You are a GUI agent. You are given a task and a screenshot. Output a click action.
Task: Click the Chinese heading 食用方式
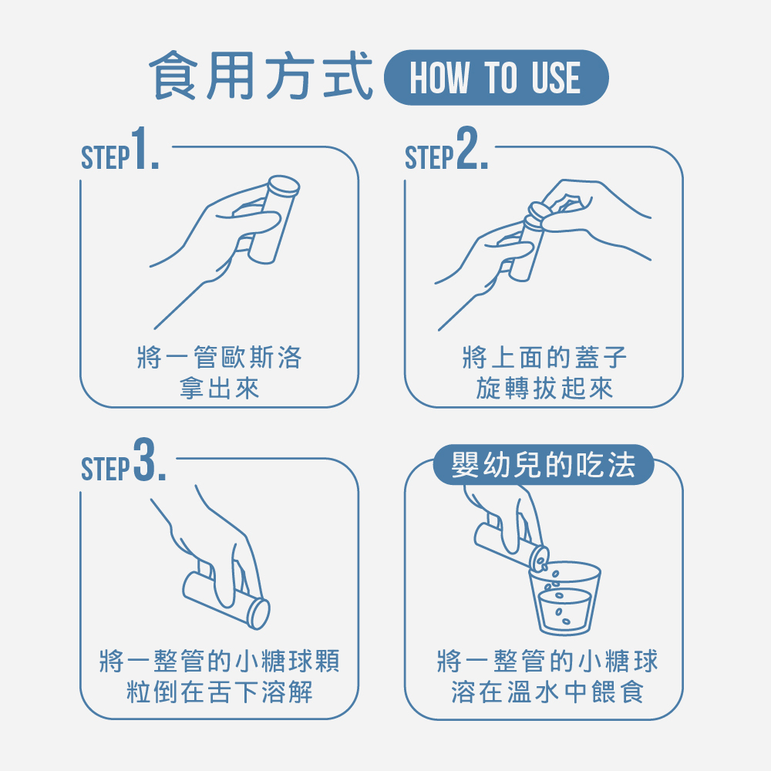coord(260,76)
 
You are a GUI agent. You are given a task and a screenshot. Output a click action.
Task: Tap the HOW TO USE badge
coord(496,77)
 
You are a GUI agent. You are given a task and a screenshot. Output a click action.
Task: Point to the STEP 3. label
coord(123,461)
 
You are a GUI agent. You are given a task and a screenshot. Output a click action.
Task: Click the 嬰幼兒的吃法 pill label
coord(544,465)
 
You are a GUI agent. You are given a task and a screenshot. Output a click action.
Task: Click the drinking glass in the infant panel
coord(564,598)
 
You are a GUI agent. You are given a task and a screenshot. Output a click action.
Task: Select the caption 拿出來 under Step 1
coord(219,388)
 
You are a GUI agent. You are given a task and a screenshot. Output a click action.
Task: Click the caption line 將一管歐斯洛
coord(219,357)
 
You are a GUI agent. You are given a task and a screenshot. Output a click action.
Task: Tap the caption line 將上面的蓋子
coord(544,357)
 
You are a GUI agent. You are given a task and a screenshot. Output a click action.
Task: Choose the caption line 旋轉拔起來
coord(544,388)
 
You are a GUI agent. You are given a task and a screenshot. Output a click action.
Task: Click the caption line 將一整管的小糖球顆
coord(219,661)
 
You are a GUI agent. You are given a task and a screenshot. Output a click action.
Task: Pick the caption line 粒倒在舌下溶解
coord(219,692)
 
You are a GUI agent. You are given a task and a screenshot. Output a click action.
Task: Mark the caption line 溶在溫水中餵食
coord(547,692)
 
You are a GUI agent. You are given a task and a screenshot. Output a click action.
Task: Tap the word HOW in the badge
coord(439,77)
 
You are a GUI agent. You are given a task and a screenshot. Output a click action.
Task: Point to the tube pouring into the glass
coord(511,546)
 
